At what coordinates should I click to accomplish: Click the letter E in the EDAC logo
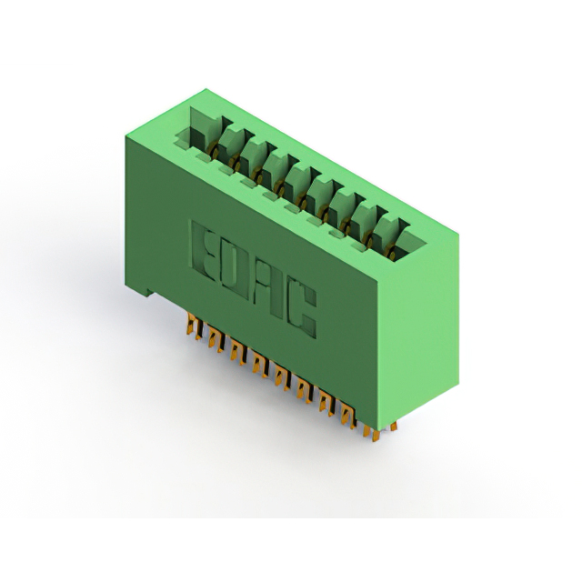point(204,250)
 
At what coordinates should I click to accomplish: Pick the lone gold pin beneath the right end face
point(394,426)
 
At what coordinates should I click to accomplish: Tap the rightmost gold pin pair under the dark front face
point(349,416)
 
